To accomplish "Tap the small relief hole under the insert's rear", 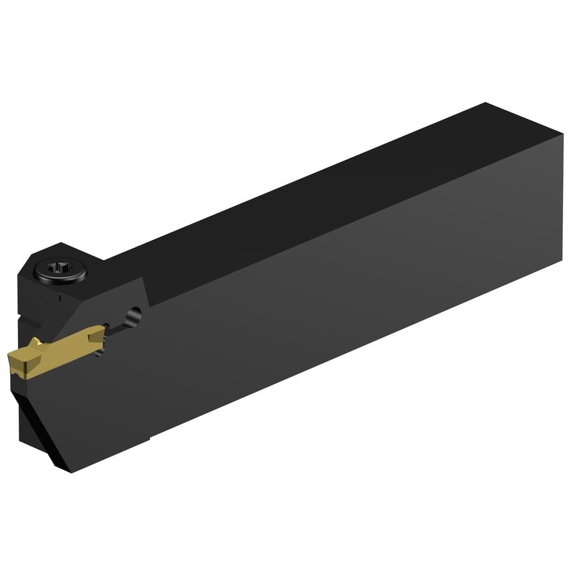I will tap(101, 349).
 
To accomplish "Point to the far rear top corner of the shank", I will tap(486, 104).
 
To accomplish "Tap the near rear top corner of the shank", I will tap(562, 134).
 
